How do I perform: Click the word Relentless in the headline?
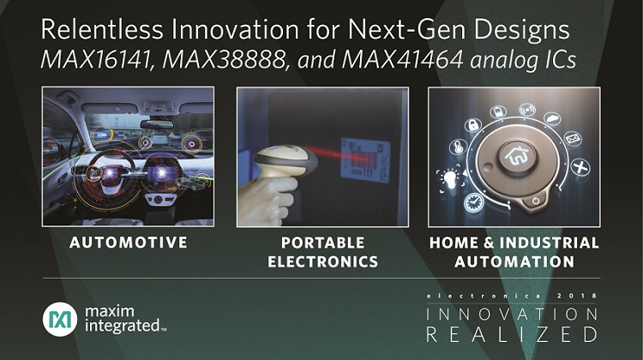102,29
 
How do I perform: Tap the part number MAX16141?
97,60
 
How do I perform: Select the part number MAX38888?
225,60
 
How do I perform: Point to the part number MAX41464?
403,60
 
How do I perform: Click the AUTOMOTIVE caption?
129,243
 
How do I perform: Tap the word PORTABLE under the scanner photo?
322,243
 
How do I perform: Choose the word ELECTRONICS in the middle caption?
322,261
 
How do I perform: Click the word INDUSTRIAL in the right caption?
549,243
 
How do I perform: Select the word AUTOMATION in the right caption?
514,261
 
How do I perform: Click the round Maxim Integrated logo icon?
60,320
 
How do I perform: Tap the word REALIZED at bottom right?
512,334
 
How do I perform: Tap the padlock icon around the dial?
472,124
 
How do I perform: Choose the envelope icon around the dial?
573,139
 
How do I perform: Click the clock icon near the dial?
473,202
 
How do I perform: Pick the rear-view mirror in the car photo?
157,124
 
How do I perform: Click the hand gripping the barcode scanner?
267,201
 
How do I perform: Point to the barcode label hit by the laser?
365,161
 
